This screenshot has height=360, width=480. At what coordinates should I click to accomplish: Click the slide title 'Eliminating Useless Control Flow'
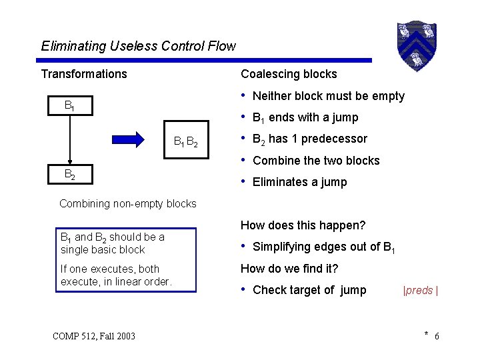(x=138, y=46)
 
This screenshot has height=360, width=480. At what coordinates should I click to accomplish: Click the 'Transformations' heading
(x=84, y=74)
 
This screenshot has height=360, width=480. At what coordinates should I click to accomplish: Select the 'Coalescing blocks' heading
(x=289, y=74)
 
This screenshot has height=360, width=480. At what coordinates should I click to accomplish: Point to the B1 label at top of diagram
(x=69, y=105)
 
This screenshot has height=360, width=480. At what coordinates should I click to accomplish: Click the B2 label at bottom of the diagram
(x=69, y=174)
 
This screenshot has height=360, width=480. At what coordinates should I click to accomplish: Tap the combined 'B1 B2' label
(x=185, y=141)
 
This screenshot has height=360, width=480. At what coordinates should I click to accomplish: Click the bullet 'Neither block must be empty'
(x=328, y=96)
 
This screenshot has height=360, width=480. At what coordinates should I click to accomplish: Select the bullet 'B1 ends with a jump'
(x=305, y=118)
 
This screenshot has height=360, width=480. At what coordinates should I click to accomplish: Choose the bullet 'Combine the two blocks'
(x=316, y=161)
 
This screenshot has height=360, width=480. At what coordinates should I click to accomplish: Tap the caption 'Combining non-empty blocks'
(x=128, y=203)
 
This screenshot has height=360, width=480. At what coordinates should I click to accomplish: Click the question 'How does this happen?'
(x=303, y=225)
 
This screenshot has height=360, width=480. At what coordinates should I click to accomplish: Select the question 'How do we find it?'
(x=289, y=269)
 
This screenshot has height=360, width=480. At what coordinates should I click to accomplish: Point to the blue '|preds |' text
(x=420, y=291)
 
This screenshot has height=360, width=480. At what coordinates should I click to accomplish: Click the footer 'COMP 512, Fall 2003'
(x=93, y=335)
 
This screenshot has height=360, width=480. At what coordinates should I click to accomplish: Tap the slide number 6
(x=437, y=336)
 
